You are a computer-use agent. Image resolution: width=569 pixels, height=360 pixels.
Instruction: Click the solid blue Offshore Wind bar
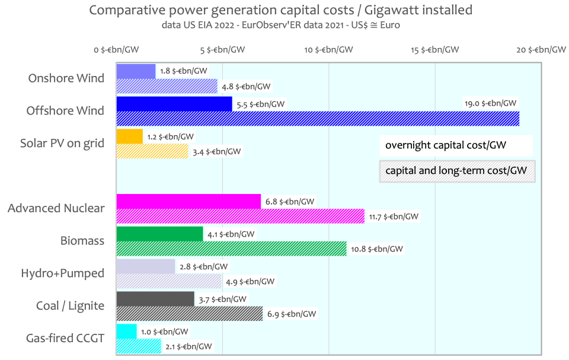[174, 104]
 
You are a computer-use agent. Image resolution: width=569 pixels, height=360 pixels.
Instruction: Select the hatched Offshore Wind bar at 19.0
[318, 119]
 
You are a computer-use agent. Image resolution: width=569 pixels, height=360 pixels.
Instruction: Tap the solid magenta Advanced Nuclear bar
[188, 202]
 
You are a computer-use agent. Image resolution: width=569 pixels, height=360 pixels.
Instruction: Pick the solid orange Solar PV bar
[130, 136]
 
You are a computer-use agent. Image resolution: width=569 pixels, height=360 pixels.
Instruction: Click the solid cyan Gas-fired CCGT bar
[126, 332]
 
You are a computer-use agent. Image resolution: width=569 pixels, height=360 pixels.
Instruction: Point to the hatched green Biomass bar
[231, 249]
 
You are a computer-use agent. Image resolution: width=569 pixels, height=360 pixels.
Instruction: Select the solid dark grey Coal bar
[155, 299]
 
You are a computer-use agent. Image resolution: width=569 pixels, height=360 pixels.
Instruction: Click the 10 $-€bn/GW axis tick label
[328, 50]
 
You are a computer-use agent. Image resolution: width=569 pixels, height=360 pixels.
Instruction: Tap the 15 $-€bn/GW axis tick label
[435, 50]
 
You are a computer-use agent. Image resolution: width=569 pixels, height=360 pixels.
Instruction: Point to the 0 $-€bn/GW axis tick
[117, 50]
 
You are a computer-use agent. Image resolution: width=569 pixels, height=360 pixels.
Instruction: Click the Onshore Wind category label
[66, 78]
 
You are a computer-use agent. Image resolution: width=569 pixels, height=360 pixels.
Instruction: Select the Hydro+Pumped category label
[63, 273]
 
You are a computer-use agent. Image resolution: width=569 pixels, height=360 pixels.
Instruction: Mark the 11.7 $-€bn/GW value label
[394, 216]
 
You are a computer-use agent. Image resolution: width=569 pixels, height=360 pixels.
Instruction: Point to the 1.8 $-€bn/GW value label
[184, 71]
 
